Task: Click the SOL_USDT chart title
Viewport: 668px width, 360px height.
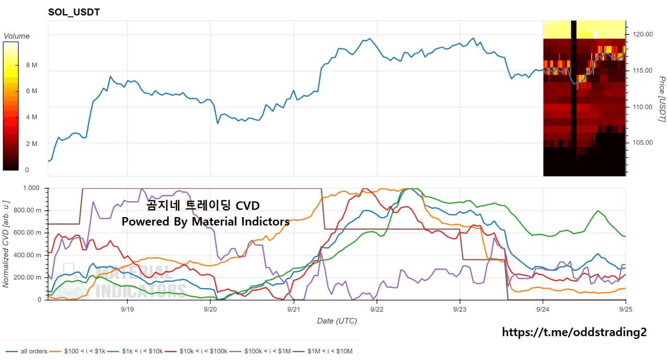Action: pyautogui.click(x=74, y=12)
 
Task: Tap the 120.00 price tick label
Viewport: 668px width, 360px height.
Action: pyautogui.click(x=642, y=34)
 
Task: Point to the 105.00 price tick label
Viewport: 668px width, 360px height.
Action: pyautogui.click(x=642, y=142)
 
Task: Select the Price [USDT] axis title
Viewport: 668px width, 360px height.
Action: pyautogui.click(x=662, y=99)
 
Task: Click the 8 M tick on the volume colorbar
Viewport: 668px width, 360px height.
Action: pyautogui.click(x=32, y=65)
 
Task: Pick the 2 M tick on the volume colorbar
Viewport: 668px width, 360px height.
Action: pyautogui.click(x=32, y=143)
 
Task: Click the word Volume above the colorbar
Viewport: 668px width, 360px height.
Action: pyautogui.click(x=17, y=36)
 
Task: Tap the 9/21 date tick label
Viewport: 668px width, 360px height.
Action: pyautogui.click(x=293, y=309)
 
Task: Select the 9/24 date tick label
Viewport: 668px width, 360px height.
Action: pyautogui.click(x=543, y=309)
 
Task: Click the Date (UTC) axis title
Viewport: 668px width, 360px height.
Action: pyautogui.click(x=337, y=321)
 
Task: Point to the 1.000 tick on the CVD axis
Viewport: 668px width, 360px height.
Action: pyautogui.click(x=31, y=188)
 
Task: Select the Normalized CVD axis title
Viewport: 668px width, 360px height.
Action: pyautogui.click(x=6, y=244)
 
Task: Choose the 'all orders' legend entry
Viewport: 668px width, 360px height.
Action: pyautogui.click(x=27, y=351)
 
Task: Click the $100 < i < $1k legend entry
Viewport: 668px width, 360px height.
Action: pyautogui.click(x=77, y=351)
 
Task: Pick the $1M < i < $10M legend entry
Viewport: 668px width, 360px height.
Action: pyautogui.click(x=323, y=351)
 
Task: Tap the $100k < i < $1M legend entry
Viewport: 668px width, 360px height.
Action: pyautogui.click(x=260, y=351)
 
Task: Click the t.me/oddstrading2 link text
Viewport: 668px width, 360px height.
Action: pyautogui.click(x=575, y=332)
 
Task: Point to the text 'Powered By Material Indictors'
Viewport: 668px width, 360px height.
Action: pyautogui.click(x=206, y=221)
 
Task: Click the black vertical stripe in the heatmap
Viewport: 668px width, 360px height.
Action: pyautogui.click(x=574, y=98)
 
